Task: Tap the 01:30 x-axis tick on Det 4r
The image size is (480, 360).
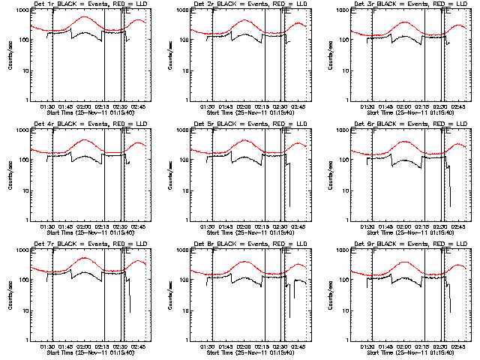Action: point(46,226)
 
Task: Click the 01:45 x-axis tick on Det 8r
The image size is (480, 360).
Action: point(225,346)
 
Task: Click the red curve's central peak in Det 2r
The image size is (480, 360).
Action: point(244,20)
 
